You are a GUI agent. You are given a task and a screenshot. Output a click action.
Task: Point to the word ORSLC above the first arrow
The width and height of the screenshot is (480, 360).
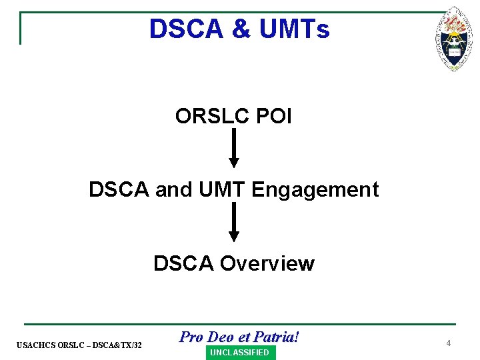[x=212, y=116]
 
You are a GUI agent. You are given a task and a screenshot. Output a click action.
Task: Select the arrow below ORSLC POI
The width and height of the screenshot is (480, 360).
[x=233, y=149]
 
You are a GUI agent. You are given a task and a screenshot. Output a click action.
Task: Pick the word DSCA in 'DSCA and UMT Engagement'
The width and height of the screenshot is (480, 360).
[x=119, y=190]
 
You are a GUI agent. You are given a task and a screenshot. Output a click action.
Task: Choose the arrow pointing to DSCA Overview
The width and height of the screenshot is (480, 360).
[x=233, y=222]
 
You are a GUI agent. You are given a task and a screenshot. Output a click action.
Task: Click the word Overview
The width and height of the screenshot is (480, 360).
[x=267, y=264]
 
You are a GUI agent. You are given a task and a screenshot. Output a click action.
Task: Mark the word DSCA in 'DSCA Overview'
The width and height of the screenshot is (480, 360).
[x=184, y=264]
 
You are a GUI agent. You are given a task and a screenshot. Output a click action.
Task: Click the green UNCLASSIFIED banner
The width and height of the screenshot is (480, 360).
[x=239, y=353]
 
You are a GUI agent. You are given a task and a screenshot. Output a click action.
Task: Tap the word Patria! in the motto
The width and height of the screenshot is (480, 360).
[x=276, y=337]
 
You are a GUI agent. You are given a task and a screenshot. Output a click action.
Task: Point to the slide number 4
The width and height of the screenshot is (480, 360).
[x=449, y=343]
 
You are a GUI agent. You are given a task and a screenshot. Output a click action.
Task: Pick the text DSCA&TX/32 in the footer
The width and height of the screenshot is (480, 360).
[x=118, y=345]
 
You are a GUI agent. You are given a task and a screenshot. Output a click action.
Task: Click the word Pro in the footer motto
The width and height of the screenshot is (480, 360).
[x=191, y=337]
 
